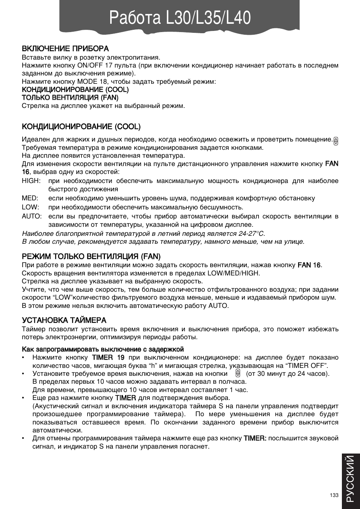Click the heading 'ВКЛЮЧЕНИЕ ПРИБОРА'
[x=65, y=49]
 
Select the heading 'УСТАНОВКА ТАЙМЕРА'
[x=64, y=320]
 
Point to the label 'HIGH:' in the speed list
[x=31, y=181]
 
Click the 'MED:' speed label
[x=30, y=198]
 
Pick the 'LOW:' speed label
[x=30, y=207]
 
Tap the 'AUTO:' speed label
[x=32, y=216]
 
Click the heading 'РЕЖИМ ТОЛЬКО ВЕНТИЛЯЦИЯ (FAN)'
[x=91, y=257]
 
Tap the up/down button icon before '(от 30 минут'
[x=238, y=374]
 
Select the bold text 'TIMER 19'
[x=108, y=357]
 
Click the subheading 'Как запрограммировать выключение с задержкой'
[x=103, y=349]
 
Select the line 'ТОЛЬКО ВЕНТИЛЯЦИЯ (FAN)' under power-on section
[x=70, y=97]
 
